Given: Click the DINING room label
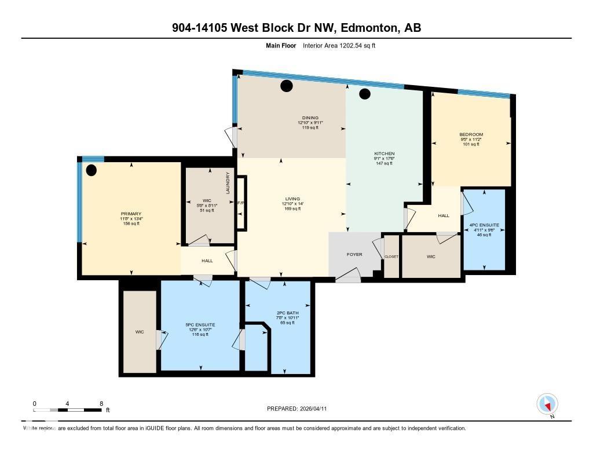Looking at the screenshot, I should pyautogui.click(x=310, y=118).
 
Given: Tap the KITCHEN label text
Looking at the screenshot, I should pyautogui.click(x=384, y=153).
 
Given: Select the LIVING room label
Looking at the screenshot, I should pyautogui.click(x=292, y=199).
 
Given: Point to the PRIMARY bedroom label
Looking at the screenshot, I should pyautogui.click(x=131, y=214).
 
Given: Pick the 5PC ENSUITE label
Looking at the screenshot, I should pyautogui.click(x=200, y=325).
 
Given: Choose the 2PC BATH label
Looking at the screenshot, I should pyautogui.click(x=284, y=313).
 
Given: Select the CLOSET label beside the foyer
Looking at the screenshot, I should pyautogui.click(x=391, y=256).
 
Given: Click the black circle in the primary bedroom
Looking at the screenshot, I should pyautogui.click(x=91, y=170).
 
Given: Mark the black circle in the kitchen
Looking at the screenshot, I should pyautogui.click(x=364, y=94).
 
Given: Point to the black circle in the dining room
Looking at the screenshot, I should pyautogui.click(x=287, y=86).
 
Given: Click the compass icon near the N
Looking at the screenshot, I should pyautogui.click(x=547, y=404).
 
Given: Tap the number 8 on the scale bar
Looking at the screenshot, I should pyautogui.click(x=101, y=404).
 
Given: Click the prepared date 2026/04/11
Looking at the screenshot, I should pyautogui.click(x=313, y=409).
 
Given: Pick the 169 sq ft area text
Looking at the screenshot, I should pyautogui.click(x=292, y=208).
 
